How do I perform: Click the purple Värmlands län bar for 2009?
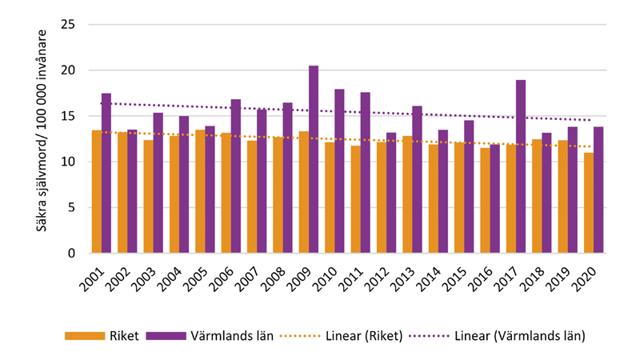314,160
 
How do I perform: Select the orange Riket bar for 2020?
589,203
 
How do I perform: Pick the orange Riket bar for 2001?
97,192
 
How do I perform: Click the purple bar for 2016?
495,198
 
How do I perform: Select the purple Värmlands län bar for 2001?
106,174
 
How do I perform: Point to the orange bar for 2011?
355,200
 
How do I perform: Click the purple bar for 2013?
417,180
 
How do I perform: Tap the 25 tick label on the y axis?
68,25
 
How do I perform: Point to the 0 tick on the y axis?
71,254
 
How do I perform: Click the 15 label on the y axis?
68,116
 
